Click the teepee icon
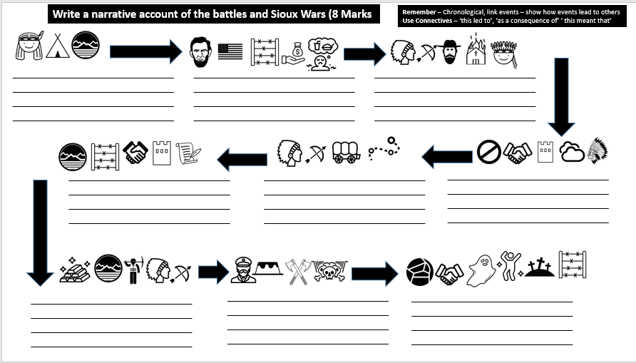[58, 46]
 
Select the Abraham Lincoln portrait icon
[202, 52]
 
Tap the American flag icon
[230, 51]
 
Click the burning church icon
[476, 51]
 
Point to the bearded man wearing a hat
[449, 51]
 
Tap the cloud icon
[572, 152]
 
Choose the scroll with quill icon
[188, 152]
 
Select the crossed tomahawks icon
[297, 271]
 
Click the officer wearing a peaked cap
[243, 270]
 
